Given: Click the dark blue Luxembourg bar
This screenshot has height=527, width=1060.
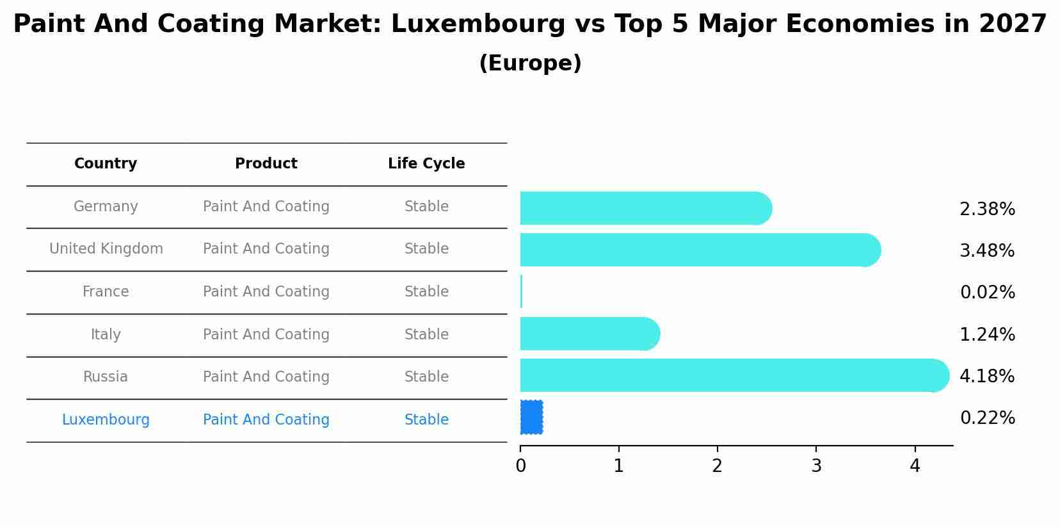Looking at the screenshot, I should click(x=531, y=418).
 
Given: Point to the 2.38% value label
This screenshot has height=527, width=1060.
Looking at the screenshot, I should click(x=987, y=209).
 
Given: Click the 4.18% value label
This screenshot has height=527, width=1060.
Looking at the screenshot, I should click(x=987, y=377).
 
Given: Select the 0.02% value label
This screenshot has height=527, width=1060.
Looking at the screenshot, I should click(x=987, y=293).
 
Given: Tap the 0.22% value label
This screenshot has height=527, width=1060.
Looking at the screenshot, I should click(x=987, y=418).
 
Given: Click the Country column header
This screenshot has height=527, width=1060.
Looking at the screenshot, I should click(x=106, y=164).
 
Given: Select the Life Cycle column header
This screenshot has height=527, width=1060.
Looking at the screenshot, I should click(x=426, y=164).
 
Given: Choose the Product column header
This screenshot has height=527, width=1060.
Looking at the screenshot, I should click(x=266, y=164).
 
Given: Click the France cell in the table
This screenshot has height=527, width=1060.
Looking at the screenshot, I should click(x=106, y=292).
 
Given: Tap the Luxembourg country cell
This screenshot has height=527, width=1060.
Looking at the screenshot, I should click(x=106, y=420).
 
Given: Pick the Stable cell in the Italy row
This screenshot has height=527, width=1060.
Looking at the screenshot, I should click(x=426, y=335).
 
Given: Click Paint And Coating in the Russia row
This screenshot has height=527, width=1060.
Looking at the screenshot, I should click(x=266, y=377).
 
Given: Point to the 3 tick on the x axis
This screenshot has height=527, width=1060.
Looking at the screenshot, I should click(x=816, y=466).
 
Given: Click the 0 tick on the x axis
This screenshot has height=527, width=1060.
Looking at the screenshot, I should click(x=520, y=466).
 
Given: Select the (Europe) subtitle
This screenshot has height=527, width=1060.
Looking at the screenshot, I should click(x=530, y=63).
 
